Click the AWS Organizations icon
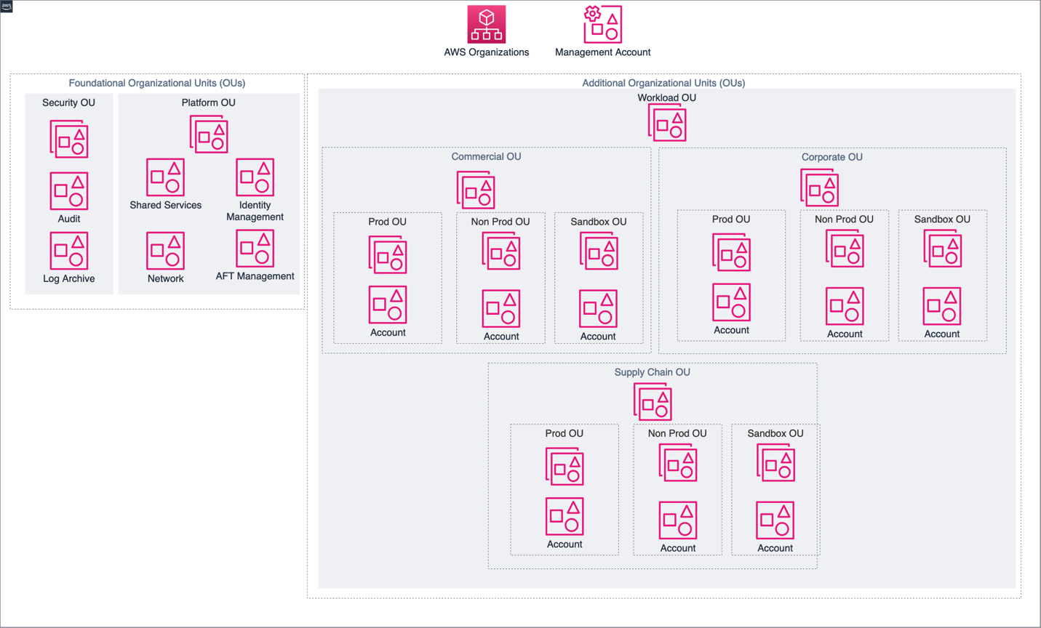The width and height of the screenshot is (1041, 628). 486,25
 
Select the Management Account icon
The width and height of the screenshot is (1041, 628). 602,25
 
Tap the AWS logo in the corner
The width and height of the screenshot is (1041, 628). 7,6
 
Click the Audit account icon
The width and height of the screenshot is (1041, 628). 69,190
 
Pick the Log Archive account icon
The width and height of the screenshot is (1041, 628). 69,251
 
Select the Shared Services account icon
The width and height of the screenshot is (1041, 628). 165,177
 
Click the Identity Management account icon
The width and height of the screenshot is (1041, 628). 255,177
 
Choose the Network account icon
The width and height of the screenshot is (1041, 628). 165,251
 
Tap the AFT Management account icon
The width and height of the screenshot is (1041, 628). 255,249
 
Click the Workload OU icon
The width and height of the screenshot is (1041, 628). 667,122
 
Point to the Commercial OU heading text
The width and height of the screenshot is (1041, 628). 486,157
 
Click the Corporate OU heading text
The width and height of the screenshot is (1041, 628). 831,157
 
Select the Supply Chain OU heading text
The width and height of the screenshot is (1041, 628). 652,372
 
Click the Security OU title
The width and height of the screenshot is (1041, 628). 68,102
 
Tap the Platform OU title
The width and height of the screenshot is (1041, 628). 208,102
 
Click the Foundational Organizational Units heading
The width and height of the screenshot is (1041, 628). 156,83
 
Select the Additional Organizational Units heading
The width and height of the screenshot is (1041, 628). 663,83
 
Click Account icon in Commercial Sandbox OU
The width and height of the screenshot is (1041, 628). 598,308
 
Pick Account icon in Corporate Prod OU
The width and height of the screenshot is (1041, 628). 731,302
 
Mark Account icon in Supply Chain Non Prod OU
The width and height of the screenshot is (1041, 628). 677,520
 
